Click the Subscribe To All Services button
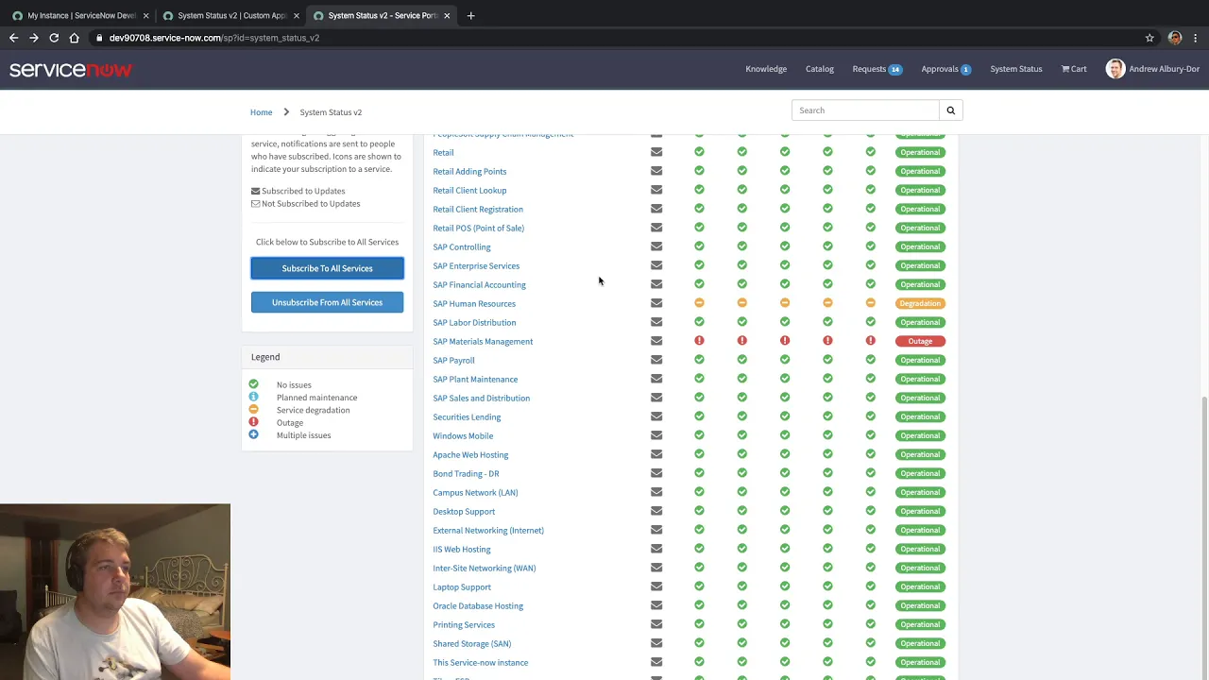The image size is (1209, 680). coord(327,268)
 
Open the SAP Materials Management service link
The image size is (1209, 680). coord(483,341)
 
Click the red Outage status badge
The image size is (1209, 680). coord(919,341)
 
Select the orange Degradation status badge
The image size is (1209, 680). coord(919,303)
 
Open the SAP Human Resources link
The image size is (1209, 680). coord(474,303)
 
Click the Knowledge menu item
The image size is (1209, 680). coord(765,69)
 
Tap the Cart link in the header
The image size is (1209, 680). coord(1074,69)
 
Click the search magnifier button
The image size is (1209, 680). coord(950,110)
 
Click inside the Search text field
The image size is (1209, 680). coord(865,110)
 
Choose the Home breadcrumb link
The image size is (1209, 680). coord(261,112)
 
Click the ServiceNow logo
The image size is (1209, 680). coord(71,70)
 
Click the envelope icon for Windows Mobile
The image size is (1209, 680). coord(656,435)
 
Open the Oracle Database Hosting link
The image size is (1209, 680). coord(478,605)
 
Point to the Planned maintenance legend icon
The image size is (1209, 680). coord(253,397)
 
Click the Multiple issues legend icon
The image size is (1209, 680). coord(253,434)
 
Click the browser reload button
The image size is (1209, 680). coord(54,38)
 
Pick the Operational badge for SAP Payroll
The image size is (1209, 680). coord(919,360)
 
